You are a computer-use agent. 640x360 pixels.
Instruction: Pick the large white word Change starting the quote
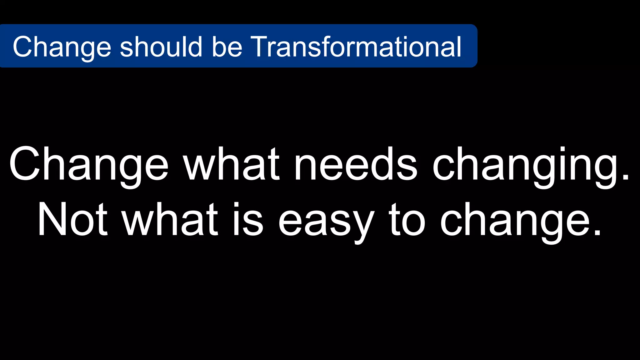[89, 164]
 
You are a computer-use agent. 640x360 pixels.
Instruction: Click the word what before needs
[231, 164]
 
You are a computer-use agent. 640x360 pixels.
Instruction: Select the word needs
[356, 164]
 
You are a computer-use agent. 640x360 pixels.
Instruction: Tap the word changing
[525, 166]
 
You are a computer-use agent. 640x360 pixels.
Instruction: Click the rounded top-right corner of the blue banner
[474, 27]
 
